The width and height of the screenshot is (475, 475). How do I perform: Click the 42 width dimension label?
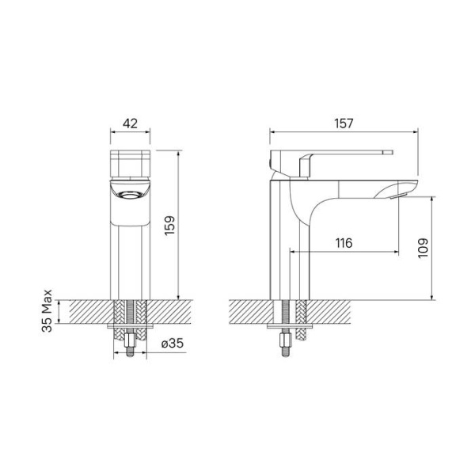pos(130,123)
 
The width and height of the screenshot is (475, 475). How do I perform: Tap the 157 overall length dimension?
pos(344,123)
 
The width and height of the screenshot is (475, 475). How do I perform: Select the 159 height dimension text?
pos(169,225)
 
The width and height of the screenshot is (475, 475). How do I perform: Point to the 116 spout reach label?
pos(344,243)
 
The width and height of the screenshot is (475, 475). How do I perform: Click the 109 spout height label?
pos(424,248)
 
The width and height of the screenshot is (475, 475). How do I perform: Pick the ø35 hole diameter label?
pos(173,344)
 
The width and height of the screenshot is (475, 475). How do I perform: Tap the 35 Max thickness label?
pos(47,311)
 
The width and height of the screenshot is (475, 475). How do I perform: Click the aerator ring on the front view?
pos(131,195)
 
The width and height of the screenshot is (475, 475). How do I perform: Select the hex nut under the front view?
pos(130,340)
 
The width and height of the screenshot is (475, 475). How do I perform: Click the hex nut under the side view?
pos(286,340)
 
